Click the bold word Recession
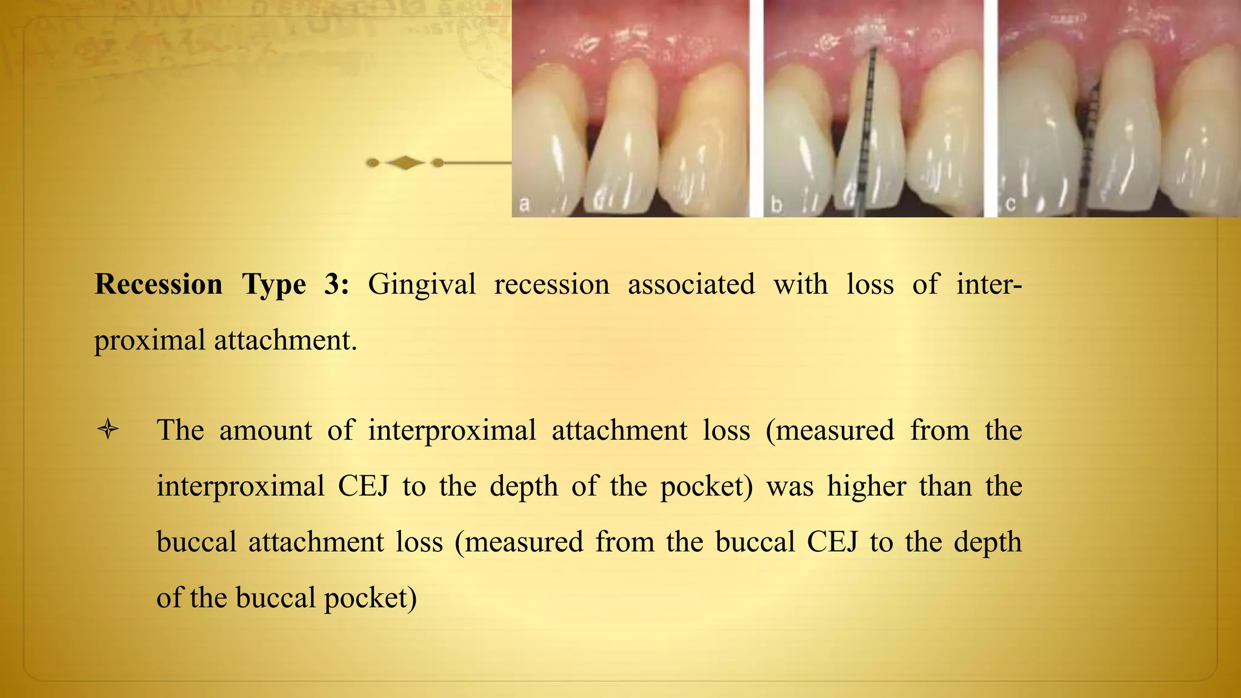pyautogui.click(x=159, y=284)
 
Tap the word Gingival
pyautogui.click(x=422, y=284)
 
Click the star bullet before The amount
pyautogui.click(x=108, y=430)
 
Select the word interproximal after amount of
pyautogui.click(x=452, y=430)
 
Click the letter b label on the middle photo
pyautogui.click(x=777, y=205)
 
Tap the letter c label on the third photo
pyautogui.click(x=1010, y=205)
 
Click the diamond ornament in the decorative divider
pyautogui.click(x=405, y=162)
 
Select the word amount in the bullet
pyautogui.click(x=265, y=430)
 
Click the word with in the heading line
pyautogui.click(x=800, y=284)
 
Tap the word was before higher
pyautogui.click(x=790, y=486)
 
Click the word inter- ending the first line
pyautogui.click(x=989, y=284)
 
